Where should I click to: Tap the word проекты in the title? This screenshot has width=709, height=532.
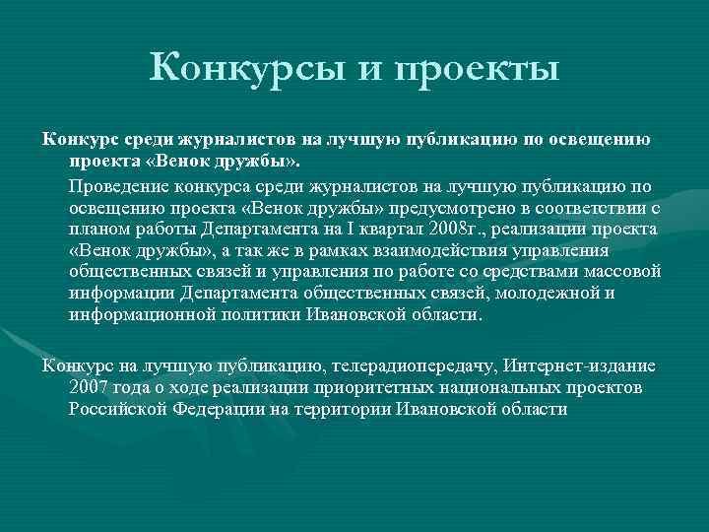[480, 69]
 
